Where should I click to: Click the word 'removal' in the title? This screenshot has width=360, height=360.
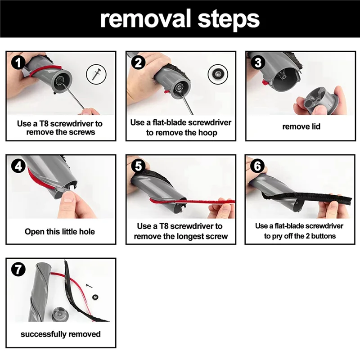pos(146,19)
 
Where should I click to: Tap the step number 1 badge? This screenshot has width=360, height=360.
pos(18,63)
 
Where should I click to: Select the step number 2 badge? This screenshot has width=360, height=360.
pos(138,63)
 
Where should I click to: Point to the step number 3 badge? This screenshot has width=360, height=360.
pos(258,63)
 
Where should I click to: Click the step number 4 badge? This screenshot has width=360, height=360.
pos(18,166)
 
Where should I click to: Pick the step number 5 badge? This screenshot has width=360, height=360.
pos(138,166)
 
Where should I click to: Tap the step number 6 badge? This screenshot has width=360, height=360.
pos(257,166)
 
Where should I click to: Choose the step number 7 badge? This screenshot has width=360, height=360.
pos(18,269)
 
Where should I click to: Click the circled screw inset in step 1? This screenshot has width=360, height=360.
pos(96,74)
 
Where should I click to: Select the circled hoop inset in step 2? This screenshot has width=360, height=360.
pos(218,74)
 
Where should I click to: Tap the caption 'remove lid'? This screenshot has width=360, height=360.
pos(301,126)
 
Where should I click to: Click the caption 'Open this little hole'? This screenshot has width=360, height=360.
pos(60,231)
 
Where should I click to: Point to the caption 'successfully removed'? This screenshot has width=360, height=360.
pos(61,334)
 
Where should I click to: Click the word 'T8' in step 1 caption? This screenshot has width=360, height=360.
pos(44,123)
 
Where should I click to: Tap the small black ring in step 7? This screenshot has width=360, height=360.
pos(95,297)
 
